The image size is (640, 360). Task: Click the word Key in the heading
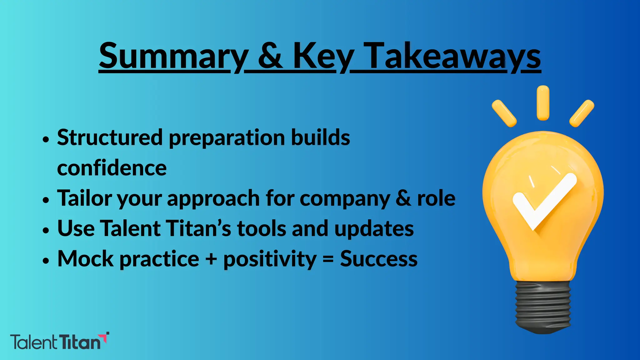[x=323, y=56]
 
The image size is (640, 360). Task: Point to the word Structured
[x=110, y=137]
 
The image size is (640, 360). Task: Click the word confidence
[x=112, y=168]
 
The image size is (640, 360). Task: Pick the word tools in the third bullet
[x=262, y=228]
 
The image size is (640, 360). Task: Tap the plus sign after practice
[x=211, y=259]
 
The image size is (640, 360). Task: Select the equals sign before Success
[x=328, y=259]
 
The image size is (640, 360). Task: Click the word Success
[x=378, y=259]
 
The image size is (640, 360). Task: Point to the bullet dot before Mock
[x=46, y=260]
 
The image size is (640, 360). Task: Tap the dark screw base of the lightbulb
[x=543, y=308]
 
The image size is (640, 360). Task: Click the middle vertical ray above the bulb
[x=543, y=102]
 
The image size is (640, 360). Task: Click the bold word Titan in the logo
[x=80, y=342]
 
